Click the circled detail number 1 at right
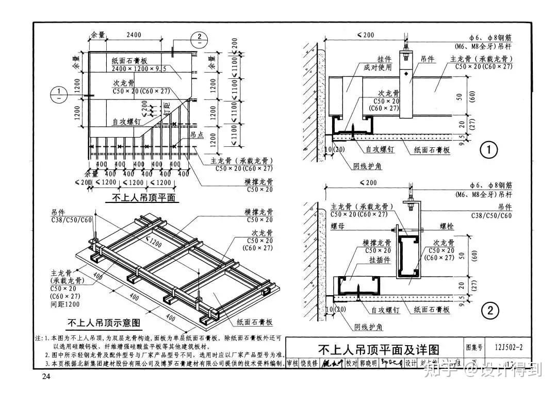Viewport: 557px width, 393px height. point(488,150)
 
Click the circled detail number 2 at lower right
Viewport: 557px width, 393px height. point(489,310)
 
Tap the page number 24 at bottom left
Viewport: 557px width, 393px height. point(46,377)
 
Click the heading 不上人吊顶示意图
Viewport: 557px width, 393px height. point(104,323)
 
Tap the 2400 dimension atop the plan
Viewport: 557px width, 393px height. point(133,35)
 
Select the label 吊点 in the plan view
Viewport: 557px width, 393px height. point(196,134)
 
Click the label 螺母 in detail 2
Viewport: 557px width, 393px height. point(331,226)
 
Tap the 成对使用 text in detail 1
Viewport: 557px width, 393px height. point(378,67)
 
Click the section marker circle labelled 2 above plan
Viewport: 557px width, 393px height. point(200,38)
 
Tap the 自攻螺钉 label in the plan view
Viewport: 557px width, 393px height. point(127,122)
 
